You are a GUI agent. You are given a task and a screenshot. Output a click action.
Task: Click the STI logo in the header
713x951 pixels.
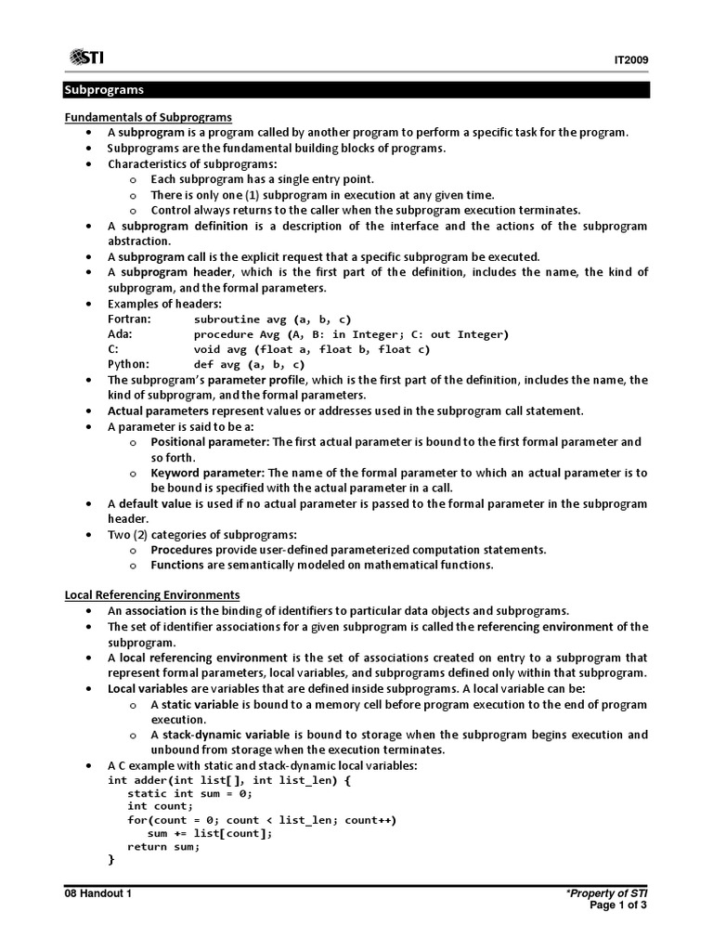[x=84, y=58]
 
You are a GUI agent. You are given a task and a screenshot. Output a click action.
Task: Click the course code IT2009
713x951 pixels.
[x=630, y=60]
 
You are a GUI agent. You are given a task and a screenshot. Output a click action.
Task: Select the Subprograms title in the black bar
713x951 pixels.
[x=103, y=90]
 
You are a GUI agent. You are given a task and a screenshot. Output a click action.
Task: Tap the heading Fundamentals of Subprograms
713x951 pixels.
[x=148, y=117]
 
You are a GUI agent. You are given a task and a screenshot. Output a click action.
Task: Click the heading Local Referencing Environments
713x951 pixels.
[x=151, y=594]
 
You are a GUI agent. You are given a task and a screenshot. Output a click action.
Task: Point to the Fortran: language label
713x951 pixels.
[x=129, y=319]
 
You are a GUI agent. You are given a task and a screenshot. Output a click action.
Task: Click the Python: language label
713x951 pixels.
[x=128, y=364]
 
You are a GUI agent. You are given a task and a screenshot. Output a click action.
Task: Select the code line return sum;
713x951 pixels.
[x=162, y=846]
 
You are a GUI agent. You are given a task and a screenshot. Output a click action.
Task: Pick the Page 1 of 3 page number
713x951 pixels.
[x=618, y=905]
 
